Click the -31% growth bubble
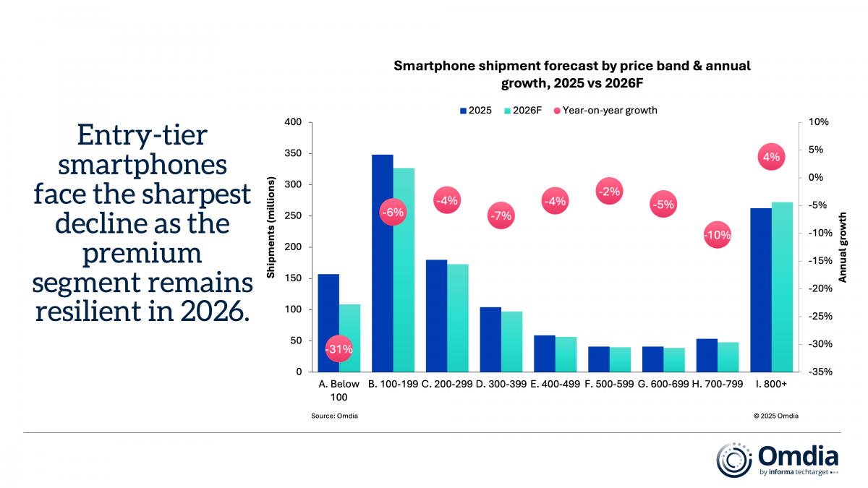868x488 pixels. pyautogui.click(x=339, y=348)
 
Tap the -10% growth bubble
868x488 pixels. pyautogui.click(x=717, y=235)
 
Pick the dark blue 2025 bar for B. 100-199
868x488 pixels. pyautogui.click(x=382, y=263)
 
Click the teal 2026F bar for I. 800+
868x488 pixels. pyautogui.click(x=782, y=287)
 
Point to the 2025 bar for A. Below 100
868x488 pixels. pyautogui.click(x=328, y=322)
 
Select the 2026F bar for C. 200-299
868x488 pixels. pyautogui.click(x=458, y=317)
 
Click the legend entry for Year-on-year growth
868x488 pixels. pyautogui.click(x=605, y=111)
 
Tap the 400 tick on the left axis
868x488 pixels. pyautogui.click(x=292, y=122)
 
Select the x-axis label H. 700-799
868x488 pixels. pyautogui.click(x=717, y=385)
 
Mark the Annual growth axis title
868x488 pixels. pyautogui.click(x=843, y=247)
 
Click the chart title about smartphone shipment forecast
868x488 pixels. pyautogui.click(x=572, y=74)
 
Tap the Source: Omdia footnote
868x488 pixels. pyautogui.click(x=334, y=416)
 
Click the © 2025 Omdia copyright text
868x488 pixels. pyautogui.click(x=775, y=416)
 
